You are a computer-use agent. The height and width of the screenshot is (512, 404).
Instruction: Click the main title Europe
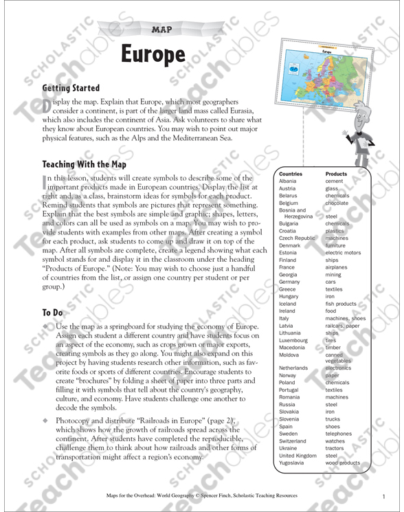click(x=155, y=54)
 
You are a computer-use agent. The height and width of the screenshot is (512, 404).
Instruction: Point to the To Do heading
click(x=54, y=311)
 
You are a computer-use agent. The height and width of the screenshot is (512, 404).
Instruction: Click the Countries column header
click(x=291, y=175)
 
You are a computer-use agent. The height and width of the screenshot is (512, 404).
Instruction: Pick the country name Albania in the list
click(x=289, y=181)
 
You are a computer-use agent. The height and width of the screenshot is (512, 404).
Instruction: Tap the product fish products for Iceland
click(x=341, y=304)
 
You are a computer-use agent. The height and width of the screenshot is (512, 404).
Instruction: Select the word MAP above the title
click(x=160, y=30)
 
